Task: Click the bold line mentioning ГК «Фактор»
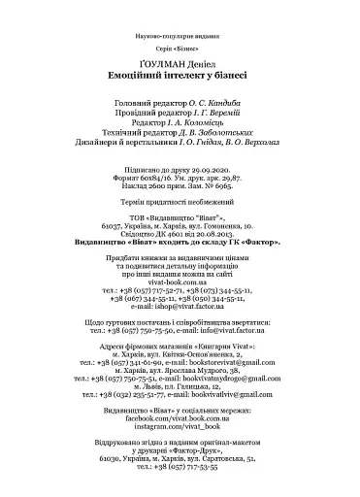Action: coord(180,242)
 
